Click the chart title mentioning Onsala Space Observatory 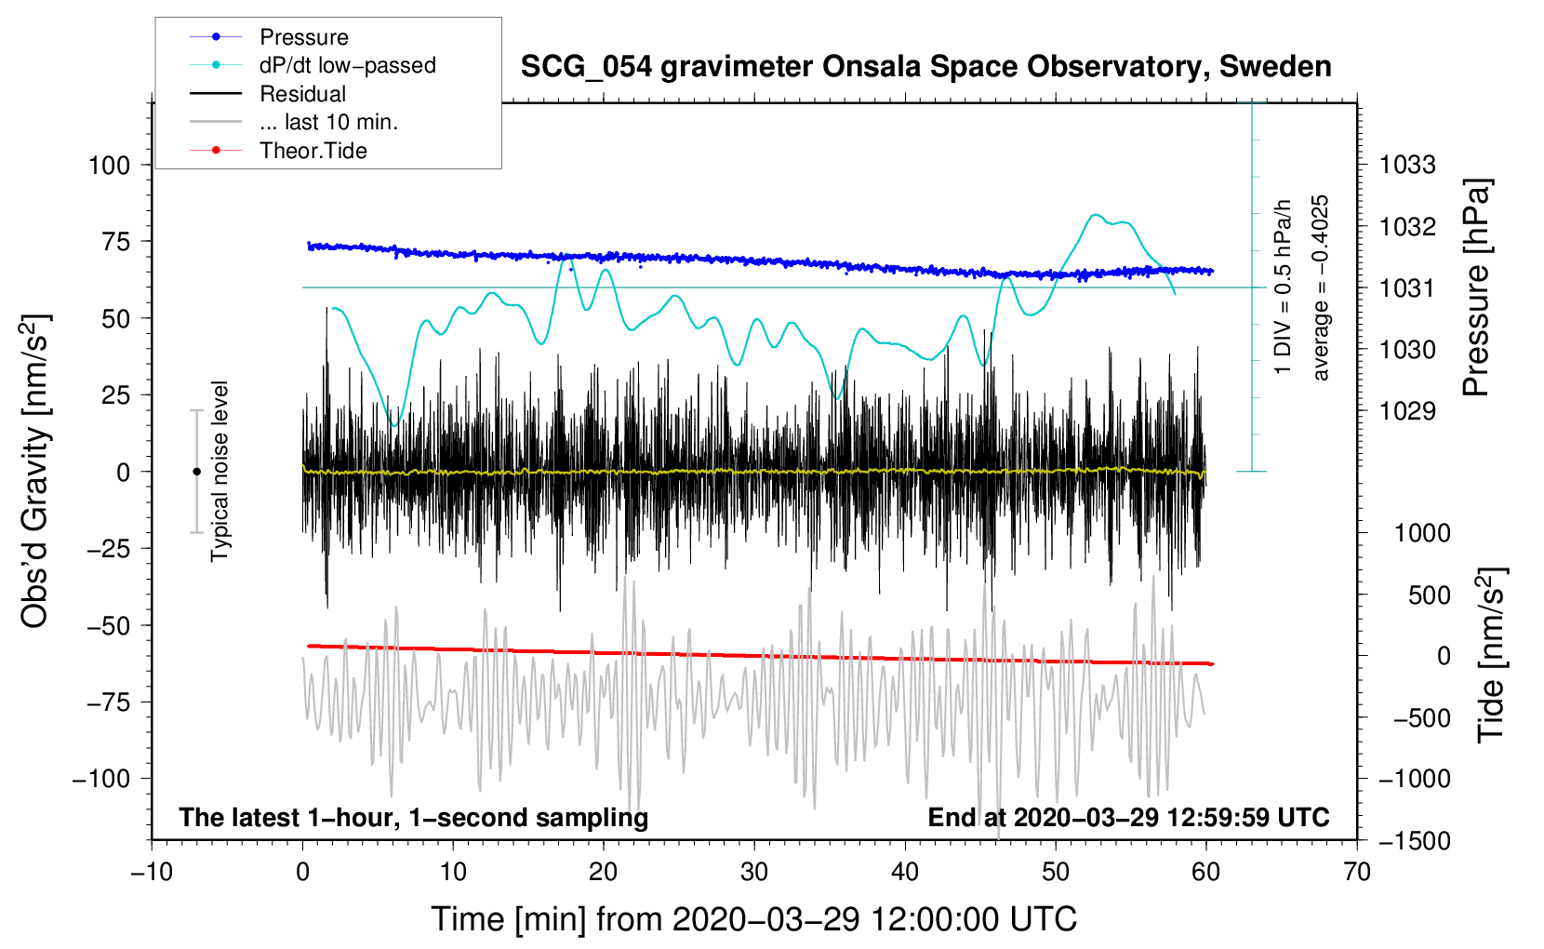(x=925, y=67)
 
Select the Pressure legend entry (x=303, y=37)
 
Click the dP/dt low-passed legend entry (x=347, y=65)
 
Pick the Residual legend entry (x=302, y=94)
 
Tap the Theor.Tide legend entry (x=313, y=151)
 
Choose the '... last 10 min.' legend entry (x=328, y=122)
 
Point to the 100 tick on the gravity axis (x=109, y=166)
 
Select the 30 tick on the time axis (x=754, y=872)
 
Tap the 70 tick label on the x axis (x=1357, y=872)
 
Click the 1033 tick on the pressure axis (x=1407, y=166)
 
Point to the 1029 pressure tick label (x=1407, y=411)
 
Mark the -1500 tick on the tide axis (x=1413, y=841)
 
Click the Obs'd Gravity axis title (x=34, y=471)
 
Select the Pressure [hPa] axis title (x=1476, y=287)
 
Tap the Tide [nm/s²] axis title (x=1491, y=655)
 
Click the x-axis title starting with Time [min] (x=753, y=919)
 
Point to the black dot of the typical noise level (x=196, y=472)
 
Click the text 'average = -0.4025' (x=1321, y=287)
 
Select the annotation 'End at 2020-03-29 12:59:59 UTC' (x=1128, y=817)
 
